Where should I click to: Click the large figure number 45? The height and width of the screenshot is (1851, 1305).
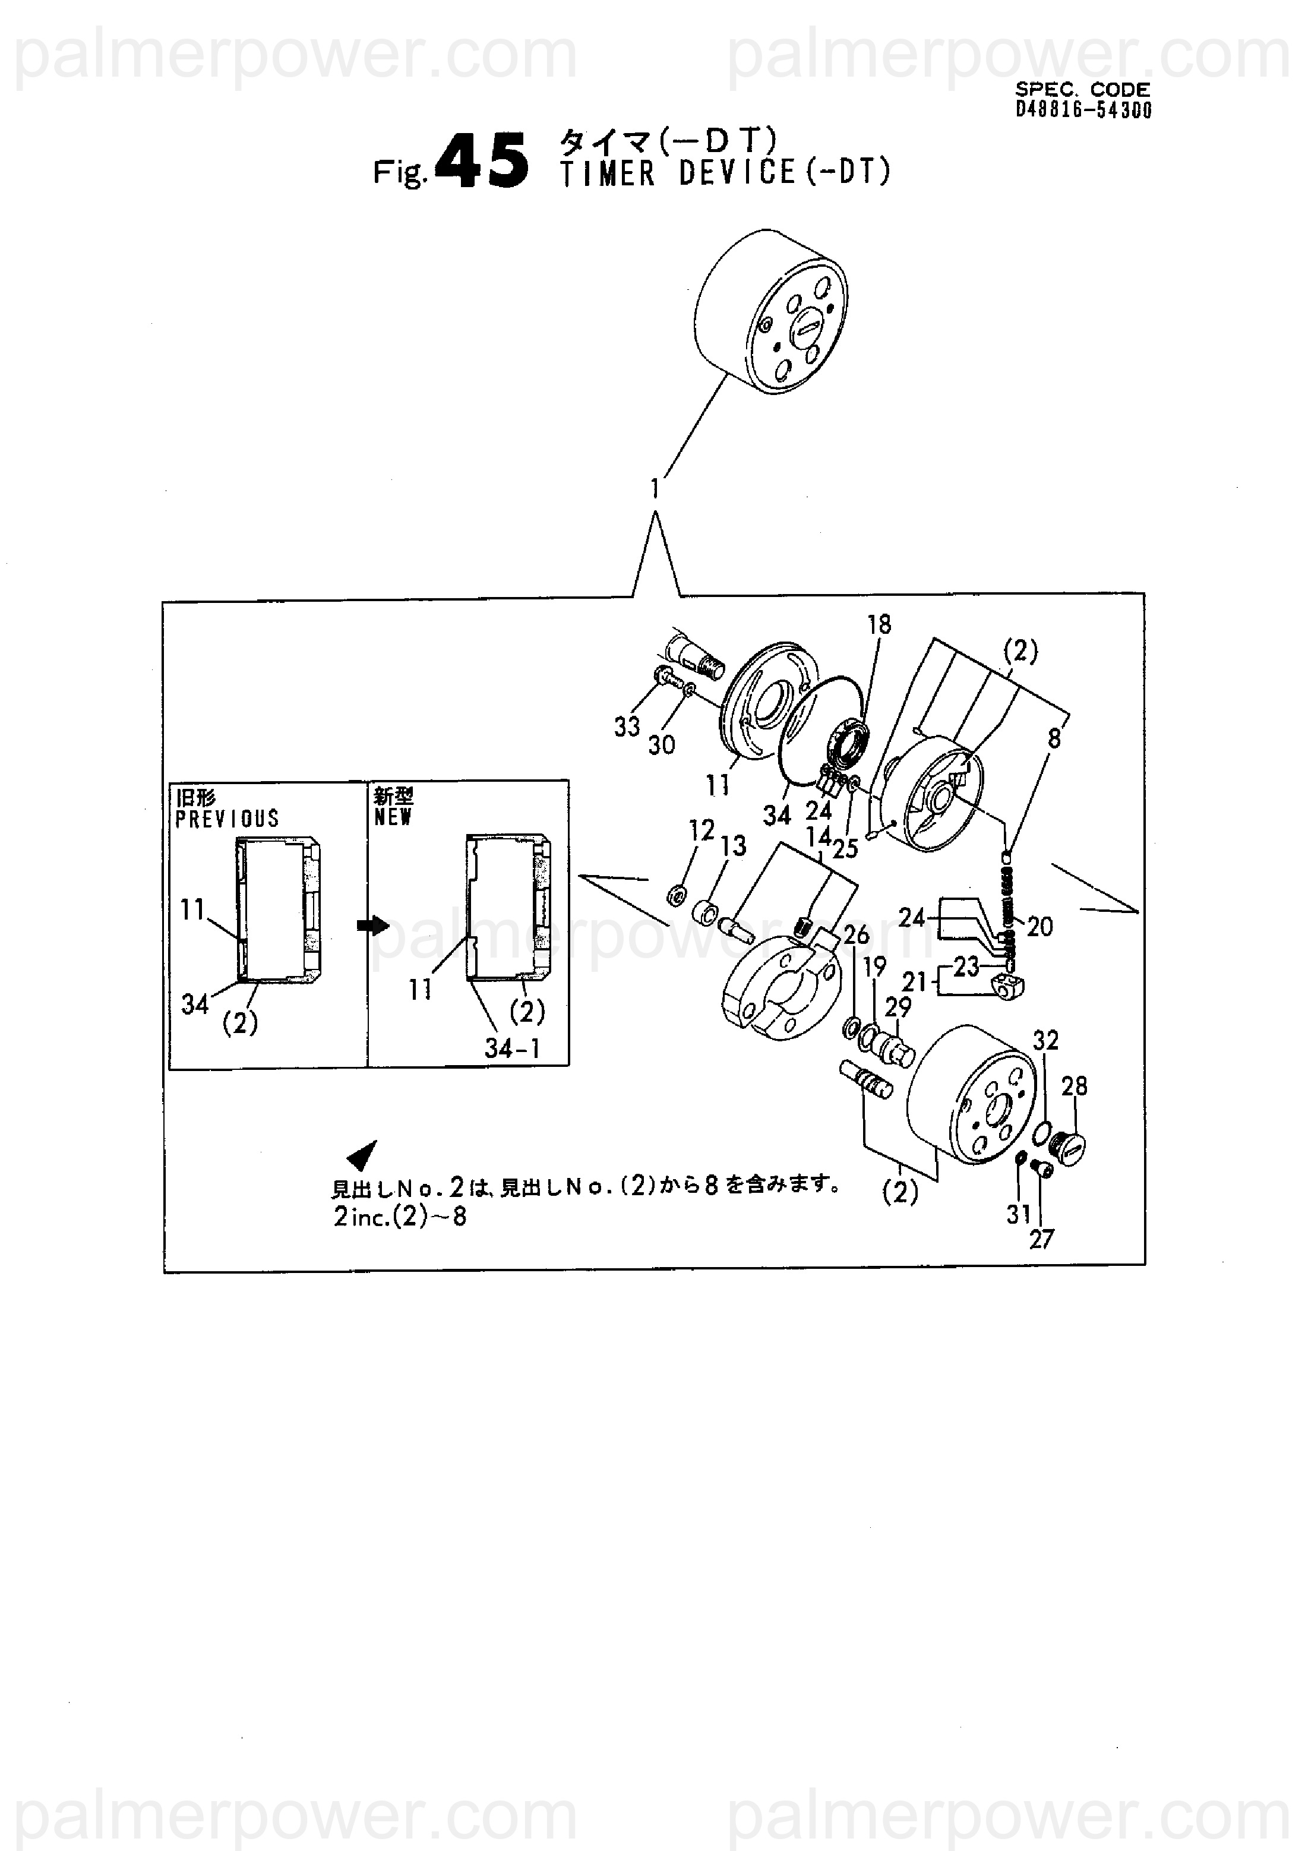coord(482,161)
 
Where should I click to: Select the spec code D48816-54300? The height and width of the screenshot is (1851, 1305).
coord(1083,110)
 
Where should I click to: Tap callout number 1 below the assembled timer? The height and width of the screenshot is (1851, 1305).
coord(655,488)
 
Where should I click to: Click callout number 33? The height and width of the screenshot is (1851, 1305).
coord(627,726)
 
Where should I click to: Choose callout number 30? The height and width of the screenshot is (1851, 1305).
coord(662,744)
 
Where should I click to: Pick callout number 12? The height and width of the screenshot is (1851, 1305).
coord(702,830)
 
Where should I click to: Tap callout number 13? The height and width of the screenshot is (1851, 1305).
coord(734,846)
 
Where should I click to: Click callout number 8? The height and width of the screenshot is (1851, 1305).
coord(1054,738)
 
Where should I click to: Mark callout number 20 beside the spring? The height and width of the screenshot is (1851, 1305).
coord(1040,927)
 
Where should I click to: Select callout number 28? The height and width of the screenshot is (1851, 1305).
coord(1075,1086)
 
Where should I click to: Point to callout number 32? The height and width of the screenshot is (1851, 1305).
coord(1045,1041)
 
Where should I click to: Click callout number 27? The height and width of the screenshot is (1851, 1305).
coord(1041,1239)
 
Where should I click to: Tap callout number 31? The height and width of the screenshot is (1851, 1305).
coord(1019,1214)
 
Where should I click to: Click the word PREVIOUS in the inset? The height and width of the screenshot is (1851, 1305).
coord(227,819)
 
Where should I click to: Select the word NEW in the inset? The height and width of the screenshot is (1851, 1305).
coord(393,817)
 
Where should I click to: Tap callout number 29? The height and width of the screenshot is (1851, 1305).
coord(898,1007)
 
